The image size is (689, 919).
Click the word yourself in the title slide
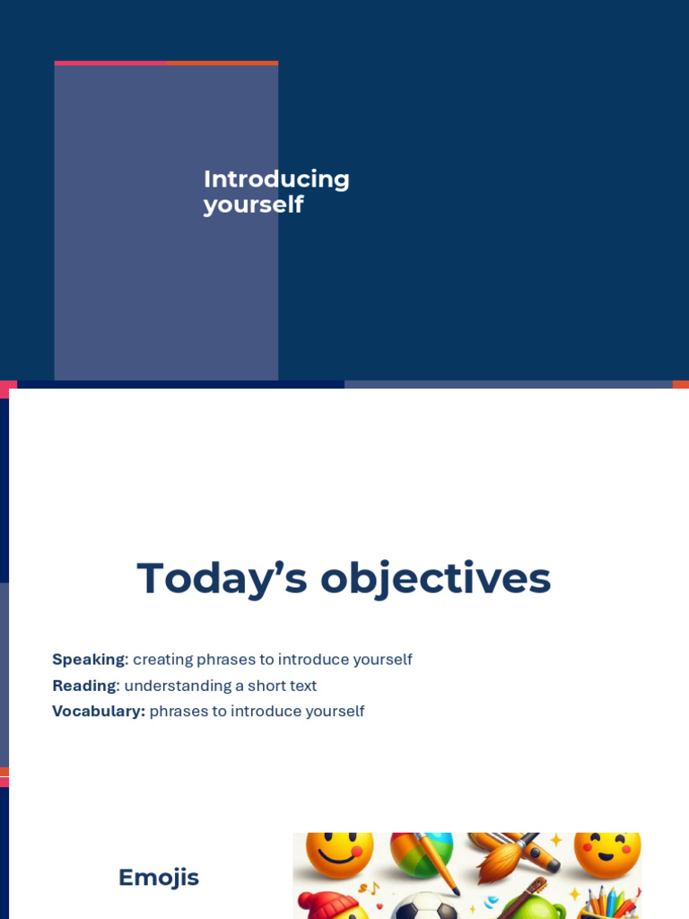point(253,205)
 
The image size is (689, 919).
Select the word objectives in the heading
point(435,578)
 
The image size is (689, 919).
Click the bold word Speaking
point(88,660)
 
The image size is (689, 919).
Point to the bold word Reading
point(83,686)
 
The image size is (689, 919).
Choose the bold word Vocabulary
point(98,712)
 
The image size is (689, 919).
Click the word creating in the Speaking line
point(162,660)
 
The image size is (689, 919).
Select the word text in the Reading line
point(303,686)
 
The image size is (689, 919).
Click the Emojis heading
point(159,877)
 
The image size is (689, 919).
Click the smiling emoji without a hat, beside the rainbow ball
point(339,853)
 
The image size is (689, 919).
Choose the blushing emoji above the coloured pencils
point(607,852)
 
